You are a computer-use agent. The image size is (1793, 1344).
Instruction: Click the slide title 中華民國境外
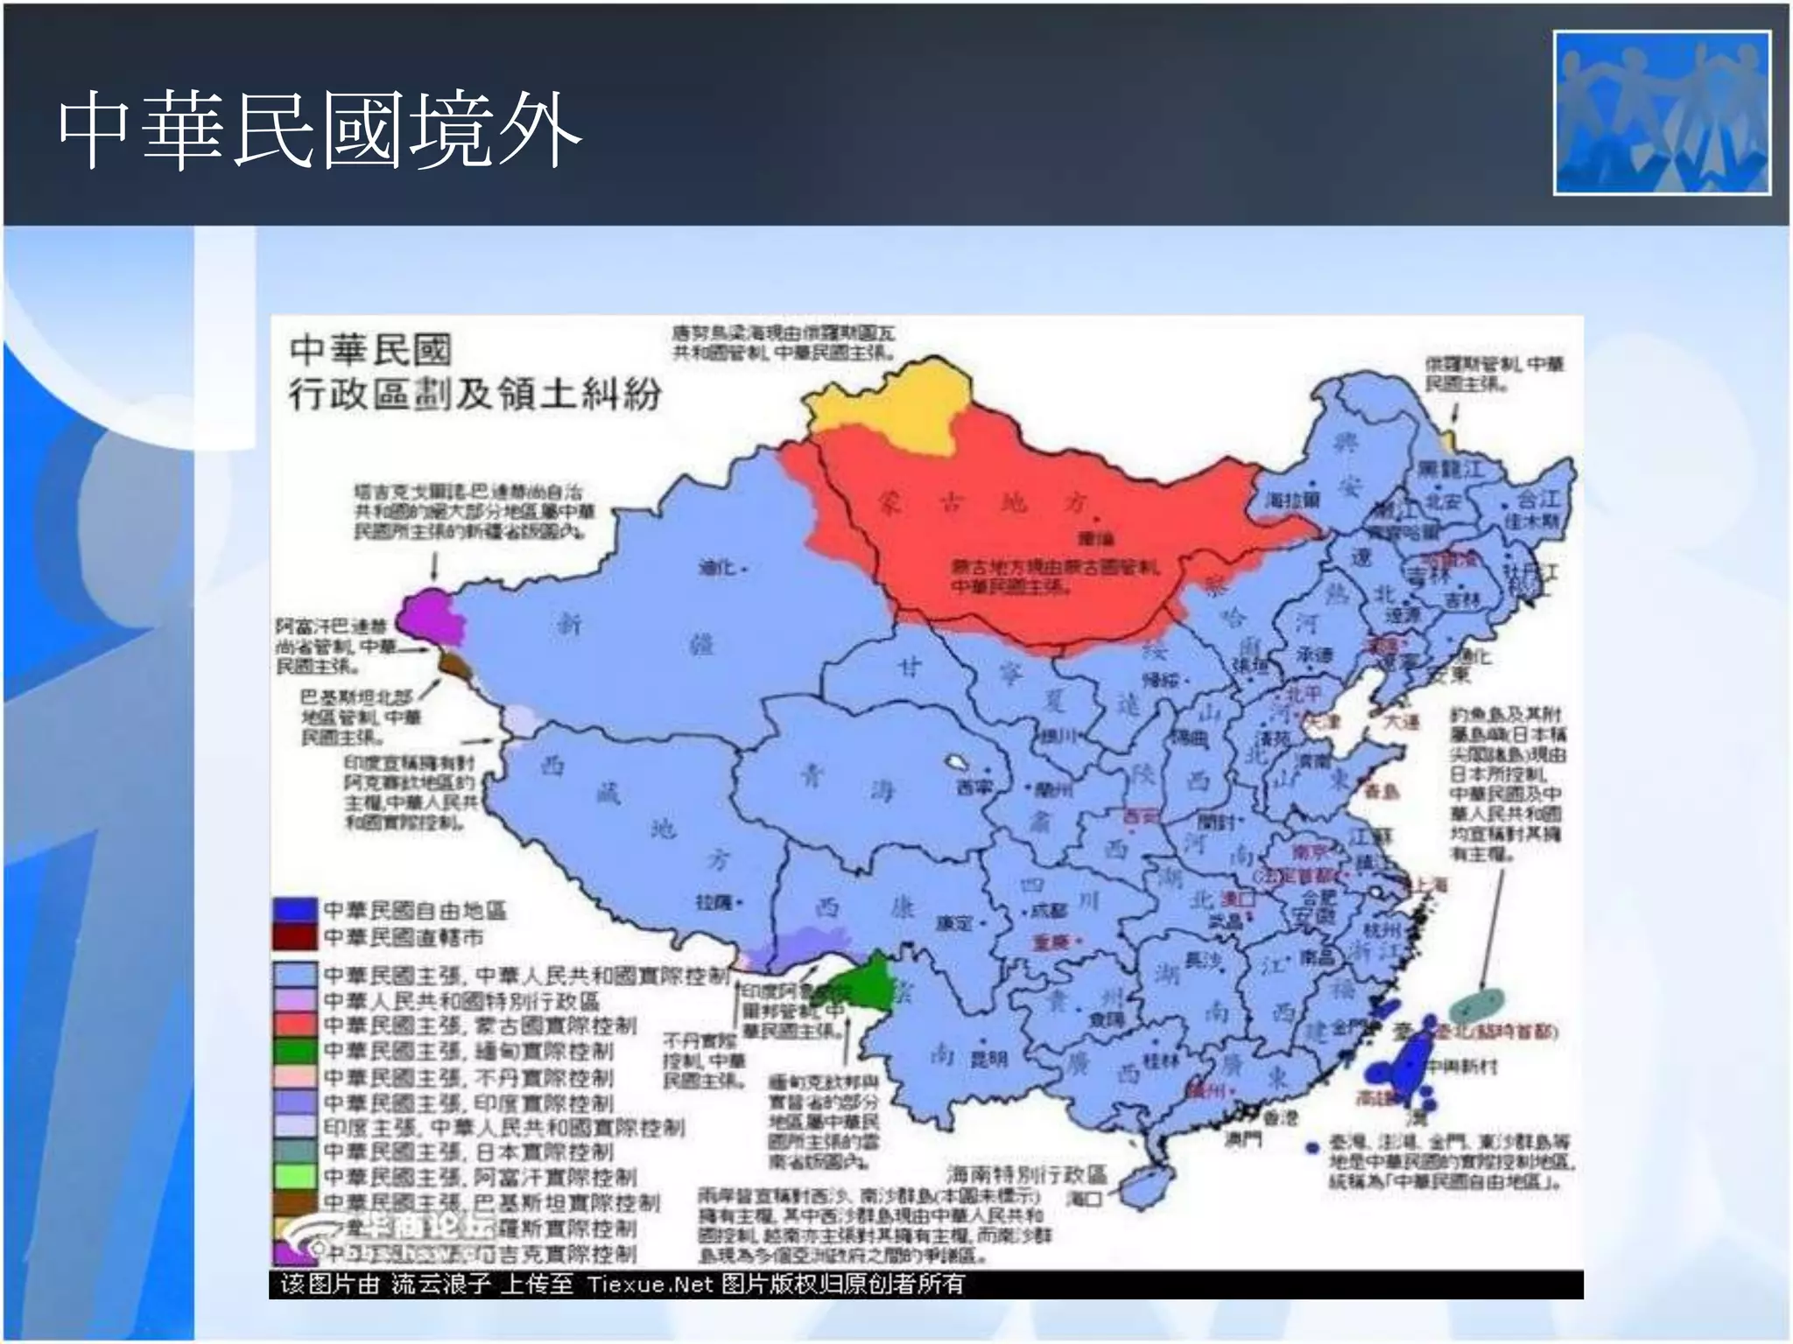point(320,131)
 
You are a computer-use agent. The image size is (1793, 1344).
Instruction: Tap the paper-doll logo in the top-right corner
point(1662,113)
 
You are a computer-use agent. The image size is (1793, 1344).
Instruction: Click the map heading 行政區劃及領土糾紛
point(475,395)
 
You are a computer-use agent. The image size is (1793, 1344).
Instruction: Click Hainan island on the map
point(1146,1185)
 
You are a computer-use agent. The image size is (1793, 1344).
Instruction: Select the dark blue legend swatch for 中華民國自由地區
point(294,911)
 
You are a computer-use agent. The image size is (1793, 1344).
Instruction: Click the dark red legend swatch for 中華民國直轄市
point(294,937)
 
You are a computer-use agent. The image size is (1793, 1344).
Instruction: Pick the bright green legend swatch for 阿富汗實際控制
point(294,1177)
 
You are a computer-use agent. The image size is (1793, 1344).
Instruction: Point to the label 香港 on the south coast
point(1282,1117)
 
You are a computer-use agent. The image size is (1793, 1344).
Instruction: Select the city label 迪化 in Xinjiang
point(716,568)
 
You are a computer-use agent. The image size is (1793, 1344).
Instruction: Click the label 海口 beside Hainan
point(1086,1198)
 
